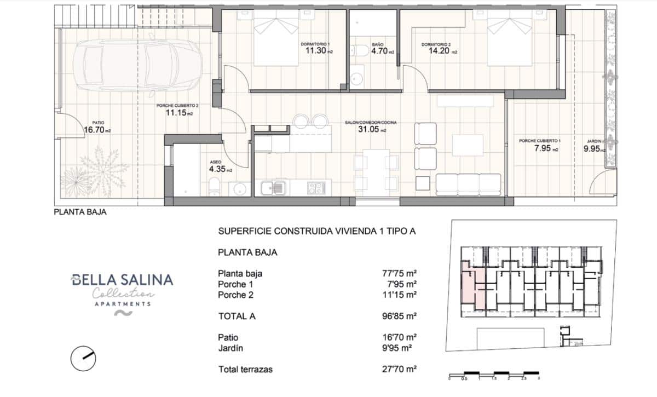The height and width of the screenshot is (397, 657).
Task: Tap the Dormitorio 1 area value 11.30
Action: tap(315, 51)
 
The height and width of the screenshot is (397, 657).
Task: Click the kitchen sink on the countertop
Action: tap(273, 188)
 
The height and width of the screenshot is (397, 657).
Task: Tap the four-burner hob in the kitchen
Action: tap(316, 188)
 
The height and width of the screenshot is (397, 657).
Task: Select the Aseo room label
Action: tap(215, 162)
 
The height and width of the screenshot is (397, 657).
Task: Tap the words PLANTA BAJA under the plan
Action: tap(80, 212)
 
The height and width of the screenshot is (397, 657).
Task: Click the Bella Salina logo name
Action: tap(122, 280)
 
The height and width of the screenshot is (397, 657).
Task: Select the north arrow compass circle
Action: tap(84, 359)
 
